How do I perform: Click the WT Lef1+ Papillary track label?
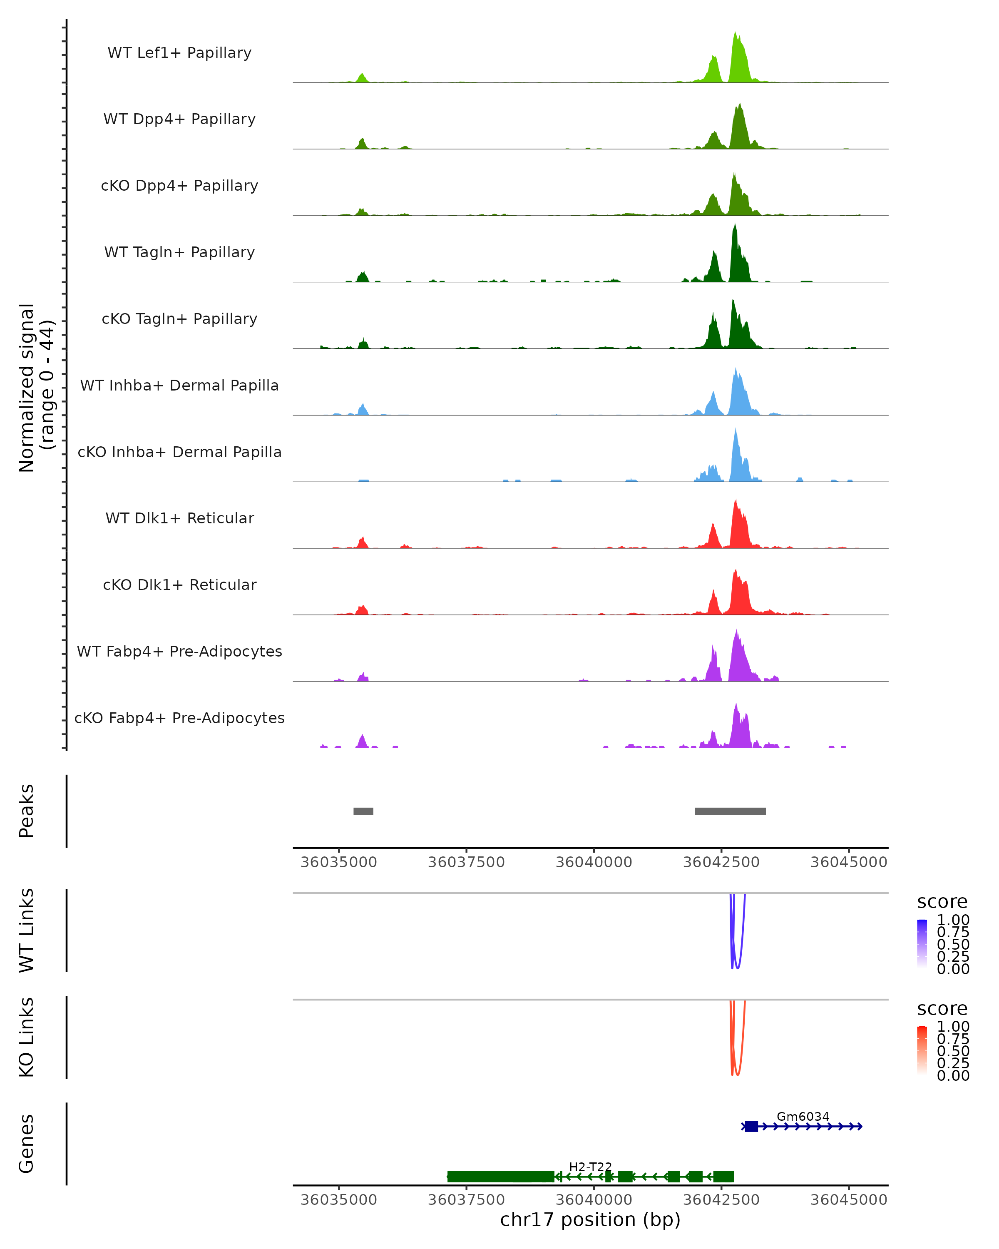point(179,53)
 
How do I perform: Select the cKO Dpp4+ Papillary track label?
point(179,186)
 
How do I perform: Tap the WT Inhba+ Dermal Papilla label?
point(179,386)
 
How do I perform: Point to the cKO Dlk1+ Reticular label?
point(179,585)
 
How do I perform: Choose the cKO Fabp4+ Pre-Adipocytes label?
point(179,718)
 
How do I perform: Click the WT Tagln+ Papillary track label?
point(179,253)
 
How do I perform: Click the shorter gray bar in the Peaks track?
point(363,811)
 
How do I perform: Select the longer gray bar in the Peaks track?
point(730,811)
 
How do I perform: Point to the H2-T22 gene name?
point(590,1167)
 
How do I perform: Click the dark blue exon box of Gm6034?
point(751,1126)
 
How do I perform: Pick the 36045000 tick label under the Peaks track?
point(848,862)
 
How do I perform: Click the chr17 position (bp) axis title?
point(590,1220)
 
